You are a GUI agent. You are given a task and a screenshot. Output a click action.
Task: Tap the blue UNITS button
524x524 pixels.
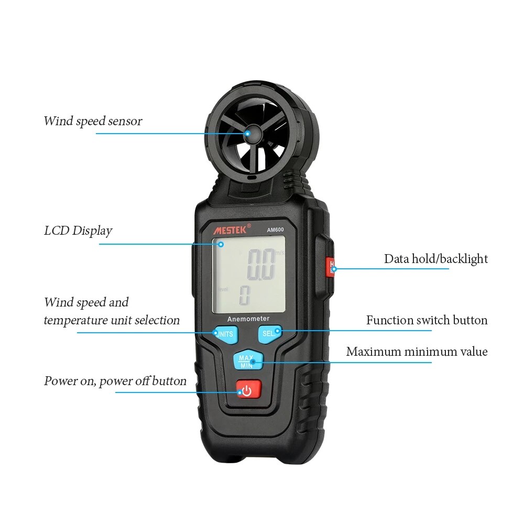[x=225, y=333]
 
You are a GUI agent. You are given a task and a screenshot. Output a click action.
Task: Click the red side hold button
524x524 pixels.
[x=330, y=267]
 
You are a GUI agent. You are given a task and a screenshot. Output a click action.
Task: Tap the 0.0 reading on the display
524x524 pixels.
[x=260, y=265]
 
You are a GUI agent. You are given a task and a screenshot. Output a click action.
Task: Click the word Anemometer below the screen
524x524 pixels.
[x=248, y=319]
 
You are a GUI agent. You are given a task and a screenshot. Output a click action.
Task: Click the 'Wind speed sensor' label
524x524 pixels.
[x=92, y=121]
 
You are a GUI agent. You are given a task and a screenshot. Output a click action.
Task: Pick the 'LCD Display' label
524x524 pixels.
[x=78, y=231]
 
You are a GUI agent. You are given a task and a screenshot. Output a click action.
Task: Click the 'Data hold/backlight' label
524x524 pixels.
[x=435, y=259]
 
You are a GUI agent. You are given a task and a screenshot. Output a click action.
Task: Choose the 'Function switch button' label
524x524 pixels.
[x=427, y=320]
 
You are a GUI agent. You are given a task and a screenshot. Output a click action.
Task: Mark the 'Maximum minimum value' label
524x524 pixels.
[x=417, y=352]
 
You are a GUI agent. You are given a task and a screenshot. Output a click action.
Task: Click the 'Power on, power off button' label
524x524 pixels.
[x=115, y=381]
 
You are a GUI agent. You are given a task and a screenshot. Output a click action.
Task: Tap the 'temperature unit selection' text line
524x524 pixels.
[x=112, y=320]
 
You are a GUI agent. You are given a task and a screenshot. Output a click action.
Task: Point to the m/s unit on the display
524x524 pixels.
[x=279, y=253]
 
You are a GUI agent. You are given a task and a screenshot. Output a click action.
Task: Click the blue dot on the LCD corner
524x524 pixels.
[x=221, y=244]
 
